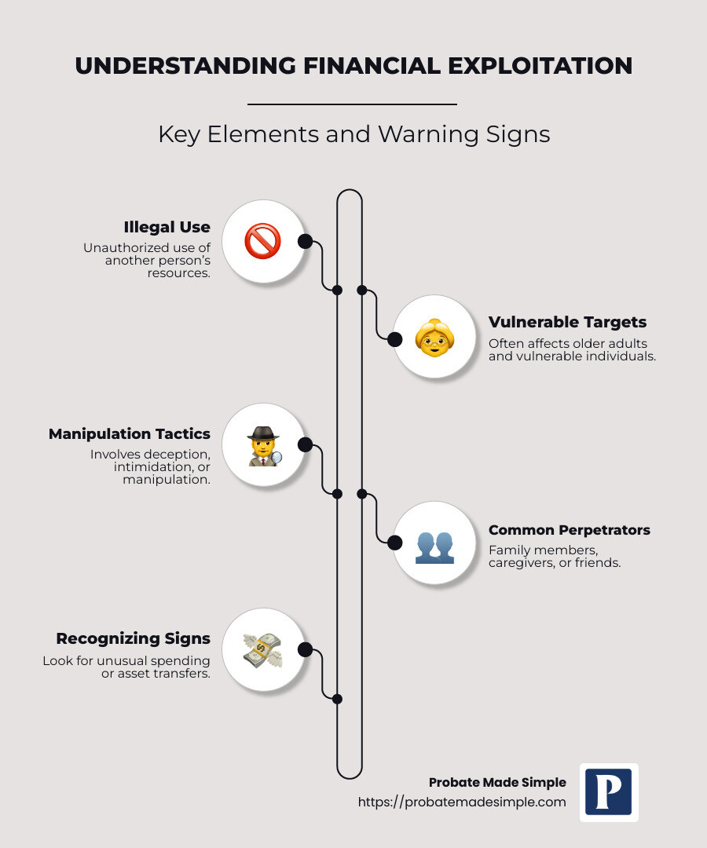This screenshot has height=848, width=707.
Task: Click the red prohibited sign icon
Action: (263, 241)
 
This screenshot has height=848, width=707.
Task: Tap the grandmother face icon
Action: (434, 338)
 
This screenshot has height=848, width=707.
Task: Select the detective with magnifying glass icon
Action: (264, 446)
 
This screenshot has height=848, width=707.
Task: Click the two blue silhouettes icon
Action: (434, 548)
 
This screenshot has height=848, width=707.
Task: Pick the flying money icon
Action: (263, 651)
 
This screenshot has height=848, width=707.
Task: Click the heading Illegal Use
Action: (167, 227)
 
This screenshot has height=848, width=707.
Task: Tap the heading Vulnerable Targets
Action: (567, 323)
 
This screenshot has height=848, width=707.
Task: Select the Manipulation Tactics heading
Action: (130, 433)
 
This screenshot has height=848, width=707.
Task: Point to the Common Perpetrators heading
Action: (569, 530)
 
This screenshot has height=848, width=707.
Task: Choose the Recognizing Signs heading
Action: (133, 638)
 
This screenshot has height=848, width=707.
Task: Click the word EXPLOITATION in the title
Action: (540, 66)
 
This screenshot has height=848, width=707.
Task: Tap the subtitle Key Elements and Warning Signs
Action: (353, 135)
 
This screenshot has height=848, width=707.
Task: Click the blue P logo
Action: (609, 792)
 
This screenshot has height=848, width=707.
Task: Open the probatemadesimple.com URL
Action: (462, 802)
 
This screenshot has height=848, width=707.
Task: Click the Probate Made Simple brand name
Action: (498, 783)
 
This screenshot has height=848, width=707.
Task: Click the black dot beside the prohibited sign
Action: (305, 241)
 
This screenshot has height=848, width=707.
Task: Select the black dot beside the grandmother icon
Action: (395, 339)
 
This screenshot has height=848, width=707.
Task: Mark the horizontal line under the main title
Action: (352, 104)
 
